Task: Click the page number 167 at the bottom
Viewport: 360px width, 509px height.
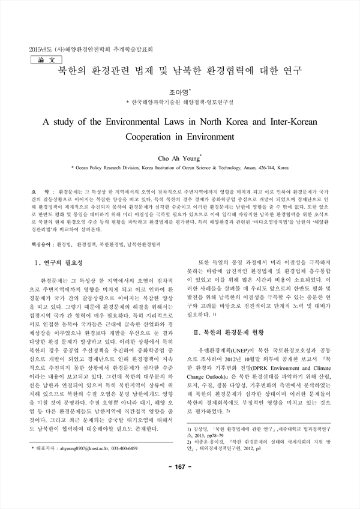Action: (x=180, y=484)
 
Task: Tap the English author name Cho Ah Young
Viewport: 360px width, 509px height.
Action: (x=178, y=158)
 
